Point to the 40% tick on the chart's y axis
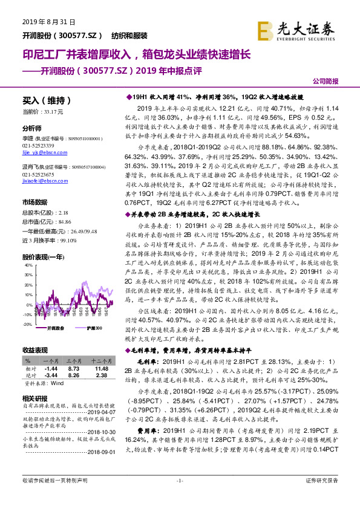[27, 265]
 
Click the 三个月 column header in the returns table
[74, 360]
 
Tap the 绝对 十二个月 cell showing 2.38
[100, 375]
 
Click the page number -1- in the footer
[180, 497]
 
